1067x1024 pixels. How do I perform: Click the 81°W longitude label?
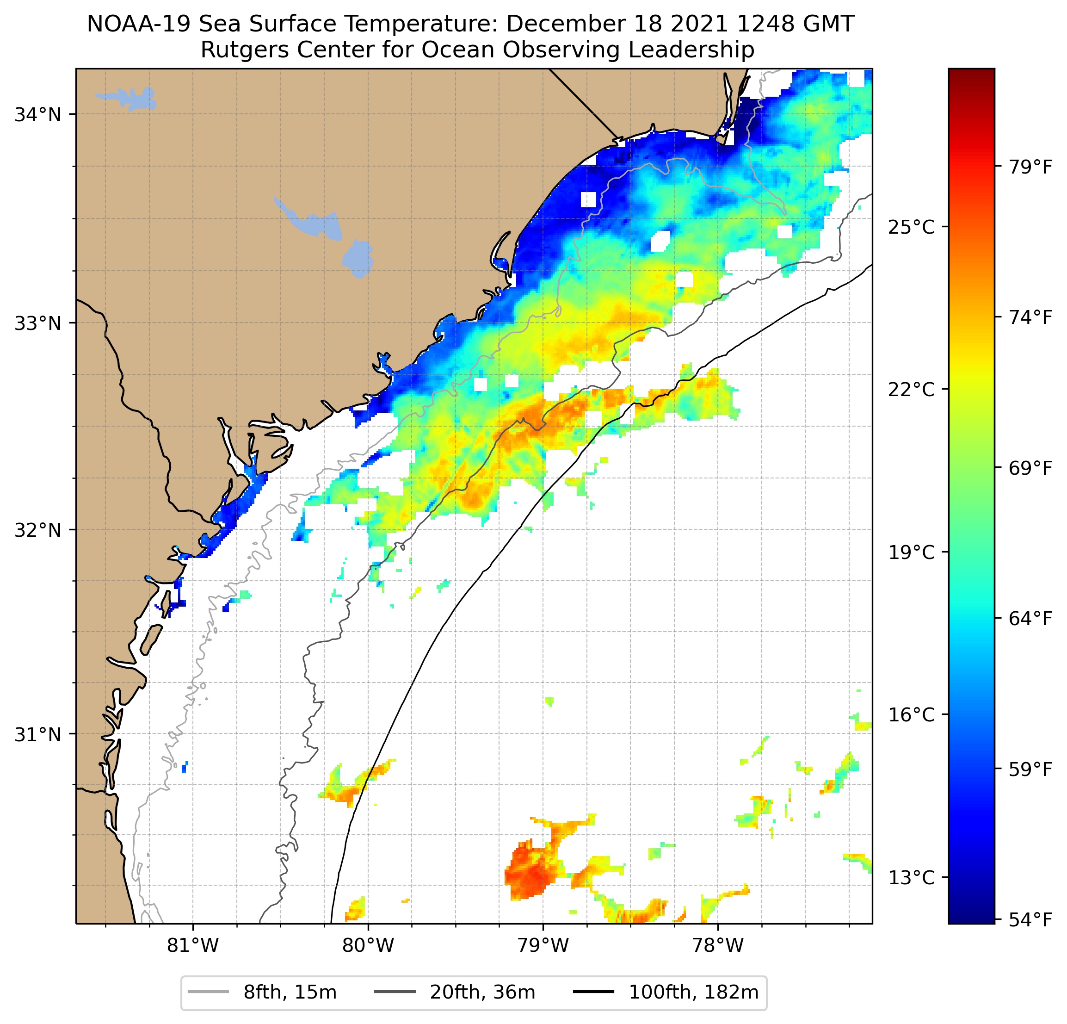point(193,945)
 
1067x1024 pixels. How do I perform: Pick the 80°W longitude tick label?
point(368,945)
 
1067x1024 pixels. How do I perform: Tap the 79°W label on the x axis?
point(543,945)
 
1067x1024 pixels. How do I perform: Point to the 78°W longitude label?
point(717,945)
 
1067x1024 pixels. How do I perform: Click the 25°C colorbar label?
point(911,227)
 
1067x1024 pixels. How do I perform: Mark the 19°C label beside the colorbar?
point(911,552)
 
